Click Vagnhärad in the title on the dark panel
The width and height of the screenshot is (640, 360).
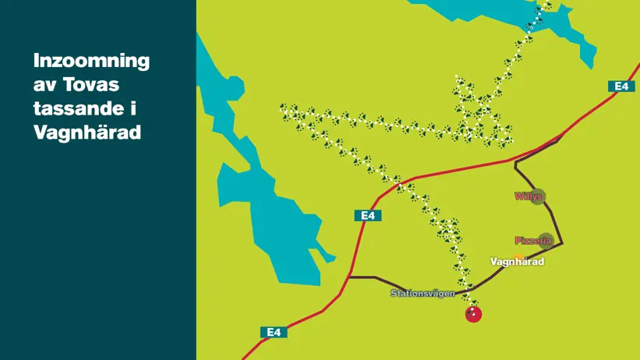(87, 133)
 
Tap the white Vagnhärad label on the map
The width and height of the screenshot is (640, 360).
(517, 262)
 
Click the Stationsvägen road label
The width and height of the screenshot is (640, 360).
(423, 294)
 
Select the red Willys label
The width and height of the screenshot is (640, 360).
(528, 196)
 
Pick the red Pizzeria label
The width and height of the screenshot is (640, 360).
(532, 241)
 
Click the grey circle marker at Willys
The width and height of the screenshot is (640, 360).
(538, 196)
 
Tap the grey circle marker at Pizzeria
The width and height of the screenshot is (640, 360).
(546, 240)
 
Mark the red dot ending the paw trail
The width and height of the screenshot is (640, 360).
(473, 314)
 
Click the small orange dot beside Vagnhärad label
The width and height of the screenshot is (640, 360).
(518, 256)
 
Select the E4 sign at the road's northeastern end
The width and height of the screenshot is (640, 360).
(621, 86)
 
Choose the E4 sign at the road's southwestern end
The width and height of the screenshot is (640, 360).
(273, 332)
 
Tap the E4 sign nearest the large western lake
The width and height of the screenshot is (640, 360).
(368, 215)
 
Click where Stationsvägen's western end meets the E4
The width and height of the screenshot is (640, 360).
(349, 277)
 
